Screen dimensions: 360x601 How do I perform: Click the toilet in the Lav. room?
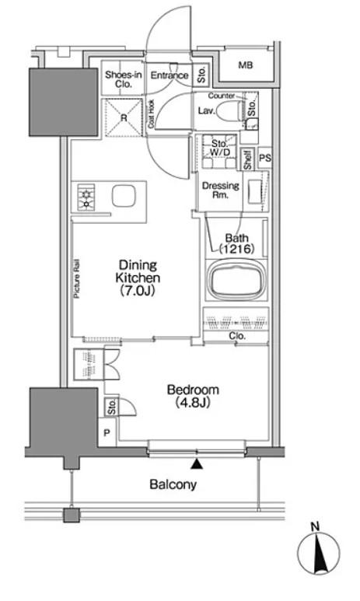[230, 110]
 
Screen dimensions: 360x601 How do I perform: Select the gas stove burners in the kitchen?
[86, 197]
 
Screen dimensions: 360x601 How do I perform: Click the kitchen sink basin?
[124, 196]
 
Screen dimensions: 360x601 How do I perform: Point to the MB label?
[246, 65]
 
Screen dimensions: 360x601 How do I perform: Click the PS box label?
[265, 158]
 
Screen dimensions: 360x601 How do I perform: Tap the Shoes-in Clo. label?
[124, 79]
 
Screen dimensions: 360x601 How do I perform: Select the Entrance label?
[170, 75]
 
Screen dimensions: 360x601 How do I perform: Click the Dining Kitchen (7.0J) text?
[138, 278]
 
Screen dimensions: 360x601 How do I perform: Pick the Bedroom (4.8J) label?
[194, 396]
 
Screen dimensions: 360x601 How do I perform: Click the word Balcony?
[173, 484]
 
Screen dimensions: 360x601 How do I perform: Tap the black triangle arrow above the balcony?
[197, 464]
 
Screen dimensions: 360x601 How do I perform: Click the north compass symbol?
[319, 553]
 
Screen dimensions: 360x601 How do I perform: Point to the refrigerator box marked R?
[124, 117]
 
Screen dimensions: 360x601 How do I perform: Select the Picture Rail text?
[77, 279]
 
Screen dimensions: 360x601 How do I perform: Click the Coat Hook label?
[151, 114]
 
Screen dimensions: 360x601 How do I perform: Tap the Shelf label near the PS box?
[248, 159]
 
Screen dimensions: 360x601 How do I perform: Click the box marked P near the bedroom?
[107, 433]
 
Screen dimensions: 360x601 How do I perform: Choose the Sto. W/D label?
[220, 149]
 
